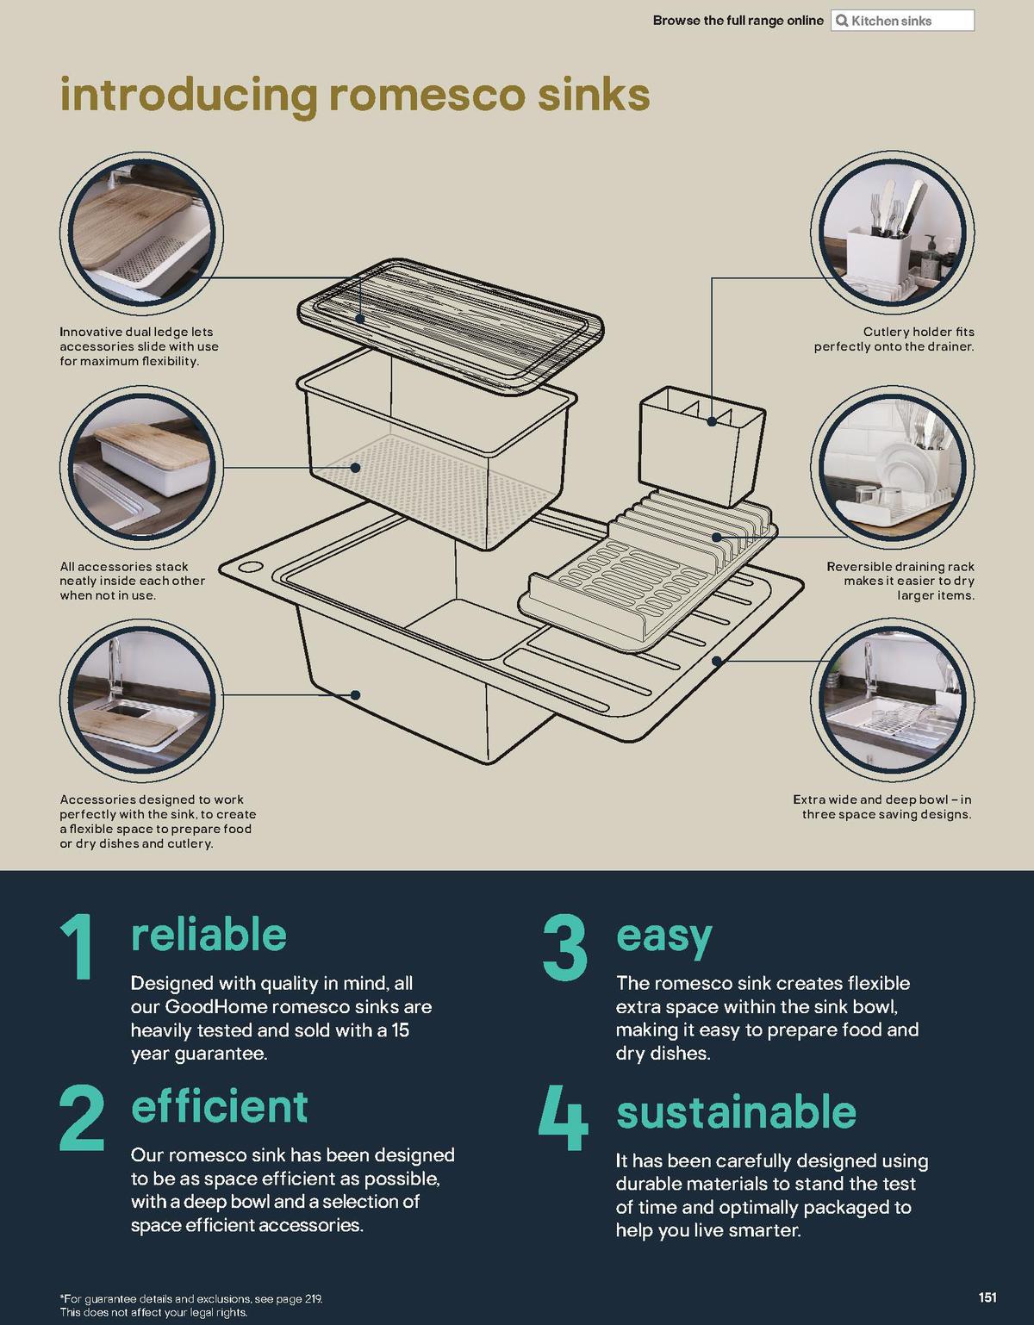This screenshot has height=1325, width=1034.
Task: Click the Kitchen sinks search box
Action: click(902, 21)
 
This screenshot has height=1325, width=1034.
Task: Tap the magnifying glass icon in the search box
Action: click(842, 21)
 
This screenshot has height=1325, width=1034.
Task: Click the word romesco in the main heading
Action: click(427, 95)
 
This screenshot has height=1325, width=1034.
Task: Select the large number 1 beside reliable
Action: click(78, 947)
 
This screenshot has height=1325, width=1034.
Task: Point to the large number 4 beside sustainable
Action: click(563, 1117)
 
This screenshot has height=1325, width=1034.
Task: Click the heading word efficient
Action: click(220, 1107)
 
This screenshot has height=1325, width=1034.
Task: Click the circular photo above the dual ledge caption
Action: click(141, 234)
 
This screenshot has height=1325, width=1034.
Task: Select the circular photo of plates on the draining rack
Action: click(893, 466)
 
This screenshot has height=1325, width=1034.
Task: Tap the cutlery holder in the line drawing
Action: click(701, 445)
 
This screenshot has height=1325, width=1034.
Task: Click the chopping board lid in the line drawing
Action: click(451, 327)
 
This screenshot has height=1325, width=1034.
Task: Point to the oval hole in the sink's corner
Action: click(249, 567)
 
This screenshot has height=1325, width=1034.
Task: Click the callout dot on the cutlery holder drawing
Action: click(712, 421)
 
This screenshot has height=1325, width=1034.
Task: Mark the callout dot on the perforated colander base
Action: click(355, 468)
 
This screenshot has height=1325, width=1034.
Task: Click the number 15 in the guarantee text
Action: click(400, 1030)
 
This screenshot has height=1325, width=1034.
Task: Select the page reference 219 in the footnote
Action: click(312, 1299)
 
